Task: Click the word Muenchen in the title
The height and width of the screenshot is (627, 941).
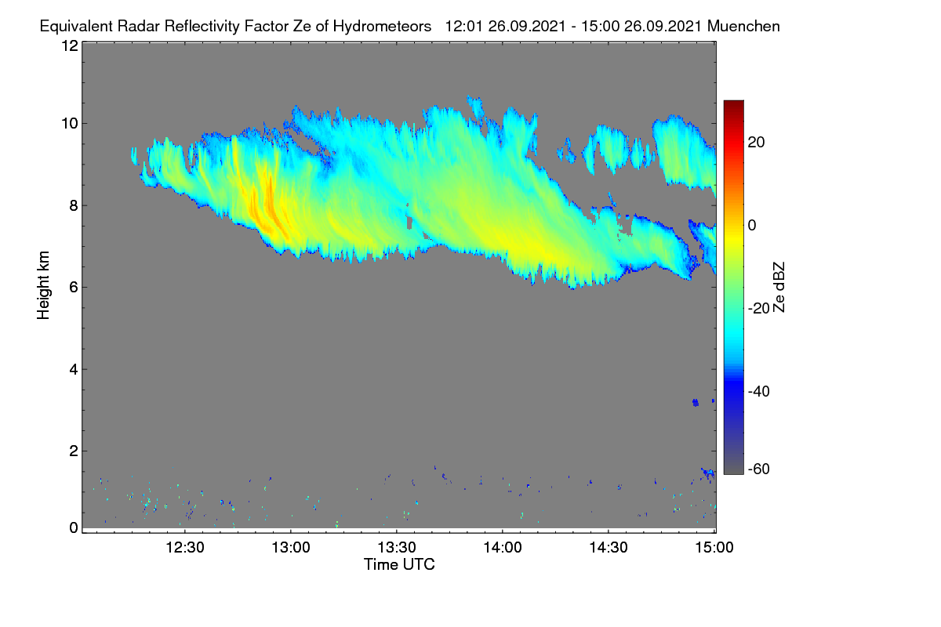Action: click(743, 27)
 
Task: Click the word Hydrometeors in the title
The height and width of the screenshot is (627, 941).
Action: click(382, 27)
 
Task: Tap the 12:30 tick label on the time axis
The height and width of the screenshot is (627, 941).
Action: click(185, 548)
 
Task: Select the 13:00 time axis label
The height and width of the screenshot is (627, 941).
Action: click(291, 548)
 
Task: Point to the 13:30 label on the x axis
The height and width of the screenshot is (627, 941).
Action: click(397, 548)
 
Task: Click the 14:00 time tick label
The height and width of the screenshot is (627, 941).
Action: click(503, 548)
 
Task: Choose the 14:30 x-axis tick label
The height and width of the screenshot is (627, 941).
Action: click(609, 548)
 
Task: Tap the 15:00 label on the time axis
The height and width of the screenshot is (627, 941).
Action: click(714, 548)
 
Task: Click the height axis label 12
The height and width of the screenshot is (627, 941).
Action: click(70, 45)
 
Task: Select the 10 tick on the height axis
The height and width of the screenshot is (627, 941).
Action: click(70, 124)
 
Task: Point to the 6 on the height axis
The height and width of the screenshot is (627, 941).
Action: click(74, 288)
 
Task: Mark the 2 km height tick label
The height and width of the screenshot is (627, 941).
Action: click(74, 451)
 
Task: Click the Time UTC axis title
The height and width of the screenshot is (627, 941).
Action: click(399, 564)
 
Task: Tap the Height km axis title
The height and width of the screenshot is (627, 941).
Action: click(43, 285)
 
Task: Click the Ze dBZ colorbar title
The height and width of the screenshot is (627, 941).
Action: click(779, 288)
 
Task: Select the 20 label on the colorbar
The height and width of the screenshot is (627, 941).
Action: click(756, 143)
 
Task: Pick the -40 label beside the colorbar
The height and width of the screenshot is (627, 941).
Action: click(759, 391)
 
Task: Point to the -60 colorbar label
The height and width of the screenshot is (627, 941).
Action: click(759, 469)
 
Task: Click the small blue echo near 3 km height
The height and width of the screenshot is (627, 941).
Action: click(696, 403)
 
